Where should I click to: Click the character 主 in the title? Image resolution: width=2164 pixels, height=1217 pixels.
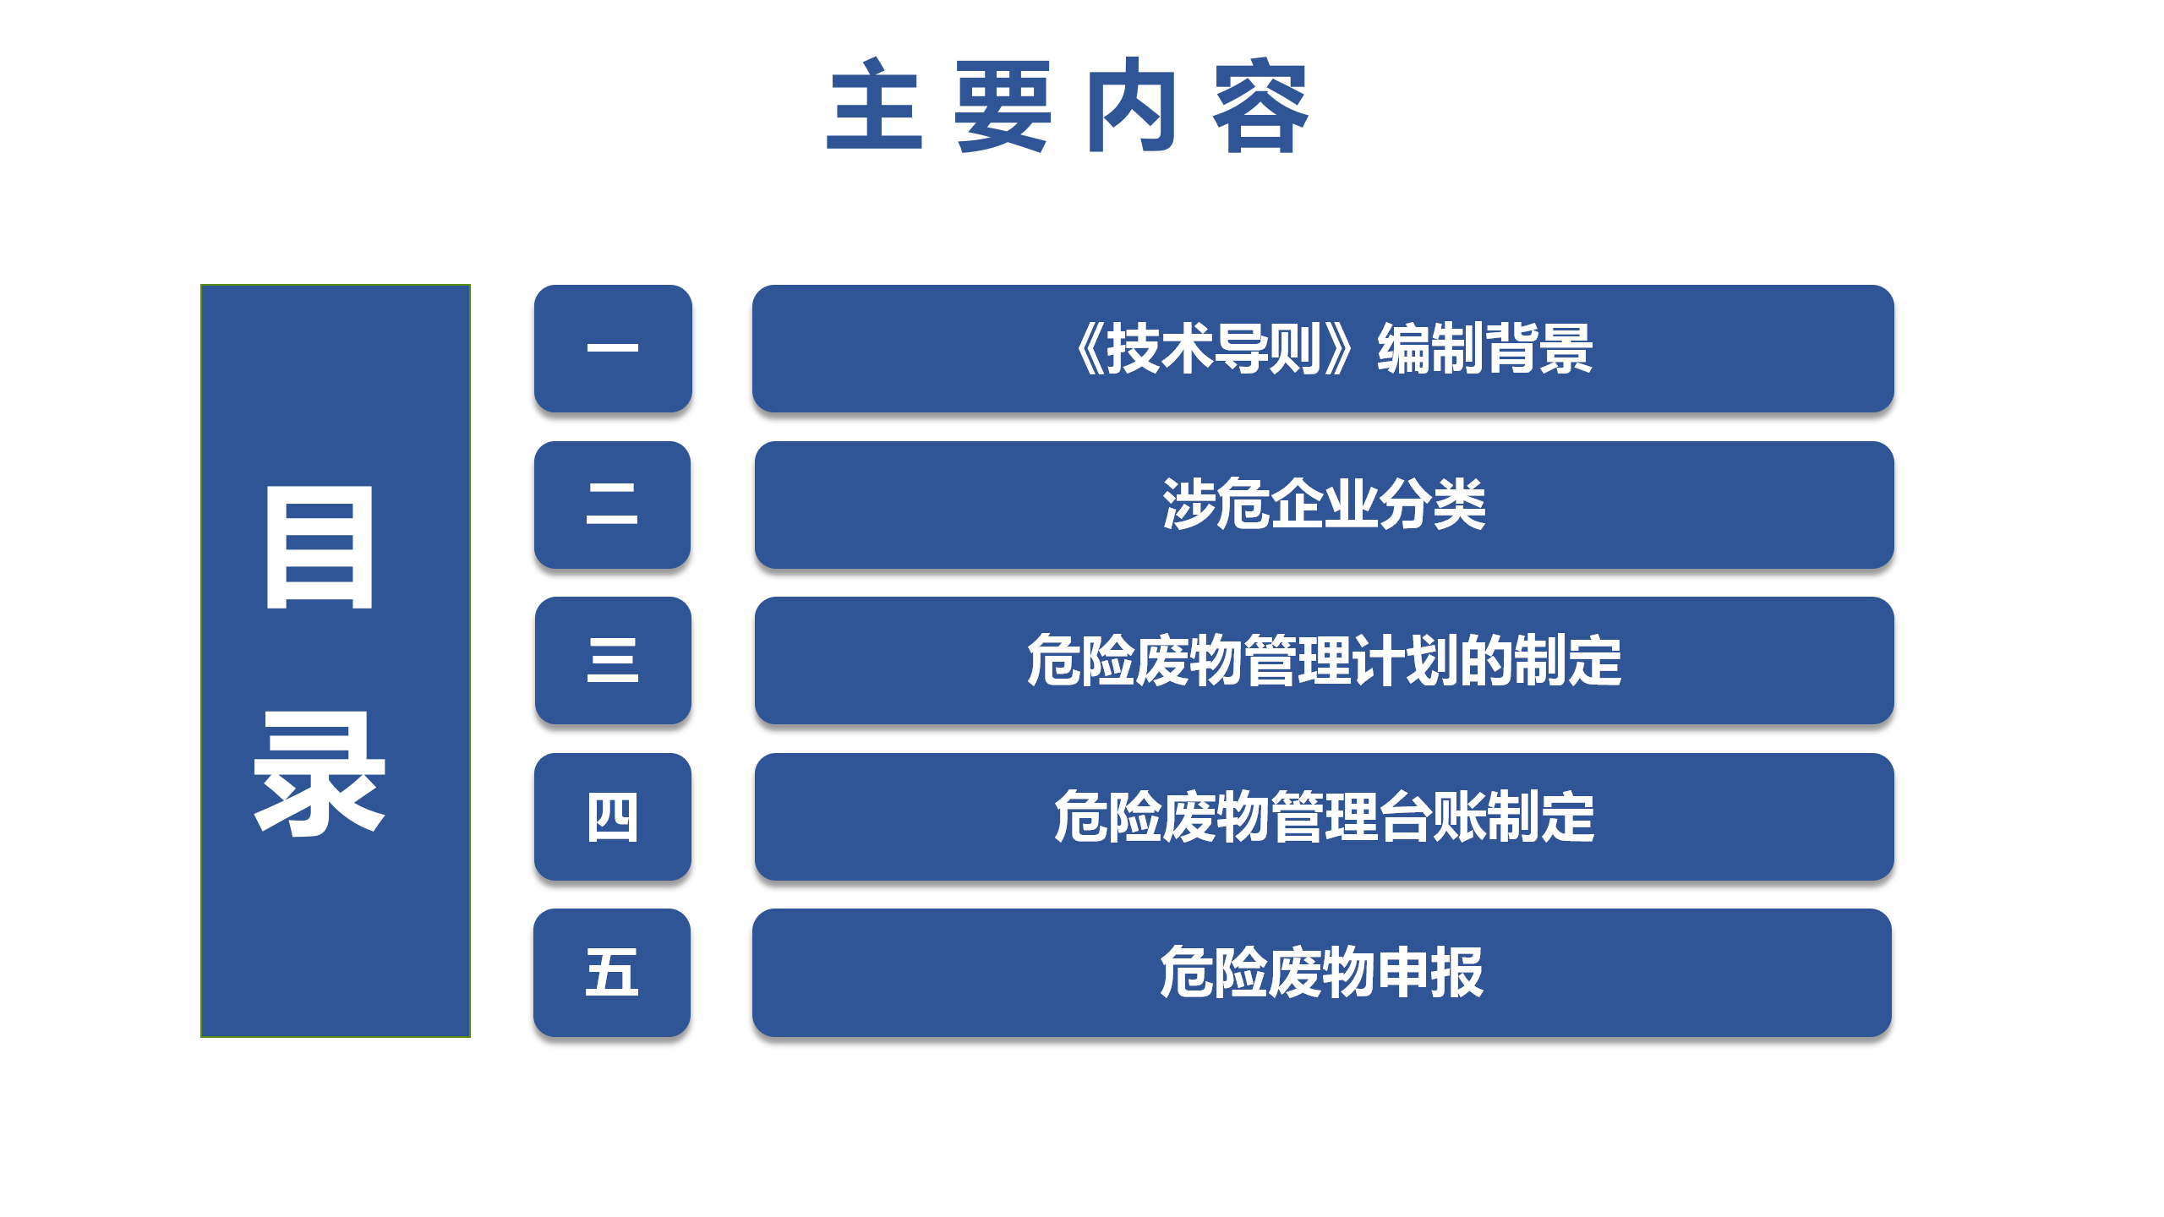(x=874, y=105)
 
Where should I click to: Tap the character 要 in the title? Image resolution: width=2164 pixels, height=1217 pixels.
(x=1003, y=106)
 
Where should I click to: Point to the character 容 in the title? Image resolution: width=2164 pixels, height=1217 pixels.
(x=1261, y=106)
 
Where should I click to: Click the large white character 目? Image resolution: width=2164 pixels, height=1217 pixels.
(x=320, y=547)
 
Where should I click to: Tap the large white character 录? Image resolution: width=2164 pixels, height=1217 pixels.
(x=320, y=772)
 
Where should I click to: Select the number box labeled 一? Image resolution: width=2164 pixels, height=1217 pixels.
(x=613, y=348)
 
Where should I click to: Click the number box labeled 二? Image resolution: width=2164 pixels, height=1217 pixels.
(x=613, y=505)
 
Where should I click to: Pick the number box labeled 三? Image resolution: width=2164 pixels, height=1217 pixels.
(x=613, y=660)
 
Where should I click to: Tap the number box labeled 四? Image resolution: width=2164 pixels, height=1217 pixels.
(x=613, y=816)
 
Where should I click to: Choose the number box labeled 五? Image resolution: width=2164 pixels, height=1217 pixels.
(x=612, y=972)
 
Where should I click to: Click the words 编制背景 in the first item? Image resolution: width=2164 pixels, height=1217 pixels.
(x=1485, y=348)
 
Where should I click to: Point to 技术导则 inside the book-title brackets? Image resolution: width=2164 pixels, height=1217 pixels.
(x=1214, y=348)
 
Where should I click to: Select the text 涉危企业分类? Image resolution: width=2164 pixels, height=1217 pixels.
(x=1324, y=505)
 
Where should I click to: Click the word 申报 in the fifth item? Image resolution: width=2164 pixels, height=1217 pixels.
(x=1430, y=972)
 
